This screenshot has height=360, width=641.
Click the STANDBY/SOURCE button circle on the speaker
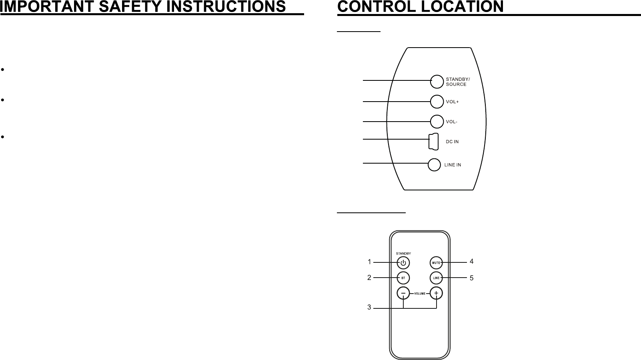click(437, 81)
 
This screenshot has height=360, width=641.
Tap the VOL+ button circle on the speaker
click(437, 102)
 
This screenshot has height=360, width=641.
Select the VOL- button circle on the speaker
click(437, 121)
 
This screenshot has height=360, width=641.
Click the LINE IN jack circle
click(434, 165)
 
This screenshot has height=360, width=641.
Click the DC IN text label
click(452, 142)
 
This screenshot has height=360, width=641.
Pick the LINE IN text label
click(453, 165)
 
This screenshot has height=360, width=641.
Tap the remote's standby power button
click(403, 263)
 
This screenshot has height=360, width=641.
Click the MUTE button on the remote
click(436, 263)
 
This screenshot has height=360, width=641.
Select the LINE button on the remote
click(436, 278)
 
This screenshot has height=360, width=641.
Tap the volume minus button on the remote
click(403, 294)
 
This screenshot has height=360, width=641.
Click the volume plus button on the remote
click(436, 294)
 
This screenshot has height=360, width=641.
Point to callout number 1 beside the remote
click(369, 262)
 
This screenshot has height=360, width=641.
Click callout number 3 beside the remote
click(369, 308)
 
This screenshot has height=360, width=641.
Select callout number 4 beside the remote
click(472, 262)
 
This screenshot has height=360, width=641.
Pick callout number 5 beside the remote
click(472, 278)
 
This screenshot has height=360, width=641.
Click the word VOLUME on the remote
click(420, 294)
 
